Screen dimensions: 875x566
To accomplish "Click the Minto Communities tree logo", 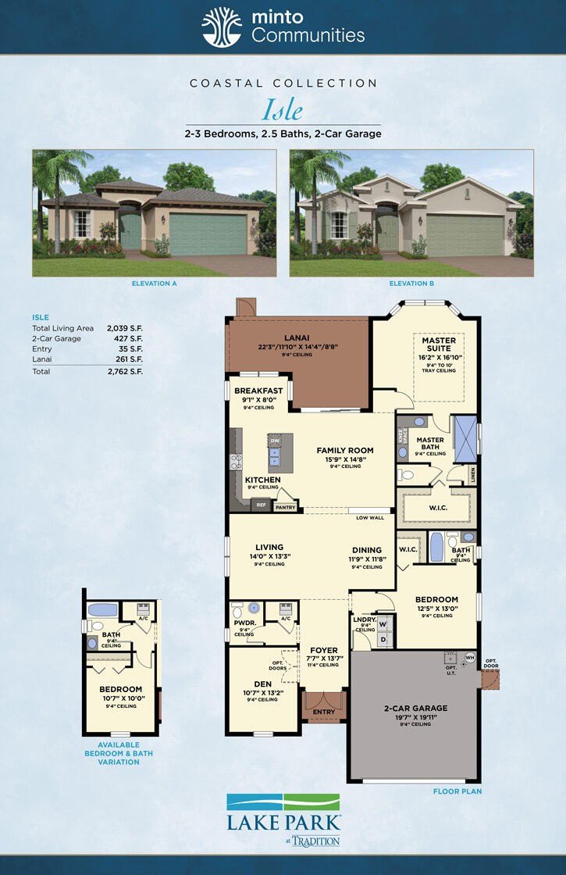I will click(x=222, y=28).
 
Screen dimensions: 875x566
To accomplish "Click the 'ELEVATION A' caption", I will click(x=155, y=284).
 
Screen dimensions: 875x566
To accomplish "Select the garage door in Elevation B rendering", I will click(x=465, y=235).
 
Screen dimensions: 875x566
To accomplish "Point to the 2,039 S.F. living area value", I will click(x=125, y=329).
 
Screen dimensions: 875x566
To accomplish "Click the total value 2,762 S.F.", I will click(x=125, y=371).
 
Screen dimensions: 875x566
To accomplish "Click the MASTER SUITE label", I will click(x=439, y=345).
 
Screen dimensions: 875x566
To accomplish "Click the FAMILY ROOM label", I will click(x=344, y=450).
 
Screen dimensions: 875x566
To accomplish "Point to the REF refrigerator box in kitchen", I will click(x=262, y=505).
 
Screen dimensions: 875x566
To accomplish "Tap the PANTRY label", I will click(x=285, y=507).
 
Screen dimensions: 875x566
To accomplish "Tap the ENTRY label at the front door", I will click(x=323, y=712).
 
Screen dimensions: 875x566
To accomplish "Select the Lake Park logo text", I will click(x=283, y=823).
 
